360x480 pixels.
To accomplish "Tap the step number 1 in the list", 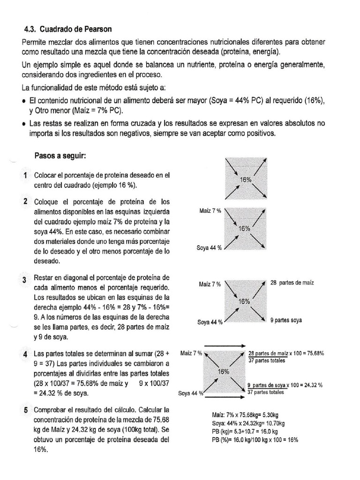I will point(25,175).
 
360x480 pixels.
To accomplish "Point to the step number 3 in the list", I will point(24,280).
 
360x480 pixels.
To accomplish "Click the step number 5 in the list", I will point(25,411).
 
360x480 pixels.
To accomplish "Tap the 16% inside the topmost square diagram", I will point(245,180).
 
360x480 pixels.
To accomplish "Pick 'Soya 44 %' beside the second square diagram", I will point(209,248).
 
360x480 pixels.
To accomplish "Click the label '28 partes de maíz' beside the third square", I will point(292,283).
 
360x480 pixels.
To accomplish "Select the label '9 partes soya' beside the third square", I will point(286,321).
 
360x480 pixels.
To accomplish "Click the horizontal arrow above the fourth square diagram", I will point(223,345).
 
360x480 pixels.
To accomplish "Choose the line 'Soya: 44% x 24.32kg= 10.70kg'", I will point(248,423).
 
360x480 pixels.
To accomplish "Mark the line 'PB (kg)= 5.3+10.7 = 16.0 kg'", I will point(245,431).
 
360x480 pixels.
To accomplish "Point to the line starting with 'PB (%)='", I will point(255,440).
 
